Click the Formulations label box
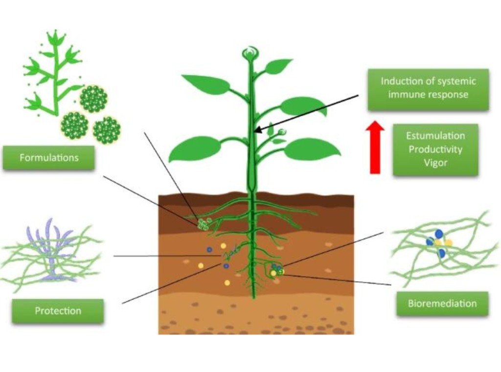click(49, 158)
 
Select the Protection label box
click(58, 310)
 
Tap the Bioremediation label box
click(442, 303)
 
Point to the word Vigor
click(435, 163)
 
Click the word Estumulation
click(435, 136)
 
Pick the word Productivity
click(435, 149)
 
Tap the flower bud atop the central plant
click(250, 53)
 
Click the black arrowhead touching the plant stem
click(259, 130)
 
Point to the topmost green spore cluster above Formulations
click(93, 99)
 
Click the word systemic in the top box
click(457, 82)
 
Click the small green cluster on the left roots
click(203, 224)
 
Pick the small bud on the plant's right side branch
click(282, 132)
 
